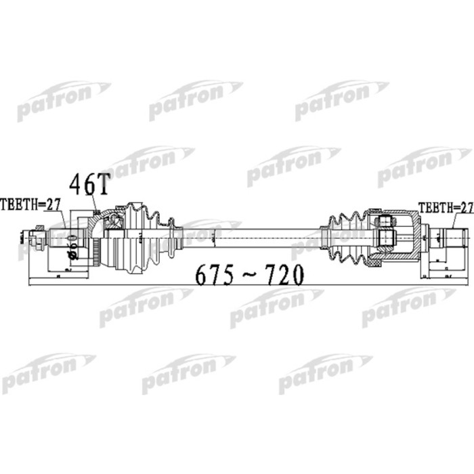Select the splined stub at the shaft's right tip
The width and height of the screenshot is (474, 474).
(455, 238)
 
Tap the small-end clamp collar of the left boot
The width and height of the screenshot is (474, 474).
(177, 238)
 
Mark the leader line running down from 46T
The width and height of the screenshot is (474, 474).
(96, 203)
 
